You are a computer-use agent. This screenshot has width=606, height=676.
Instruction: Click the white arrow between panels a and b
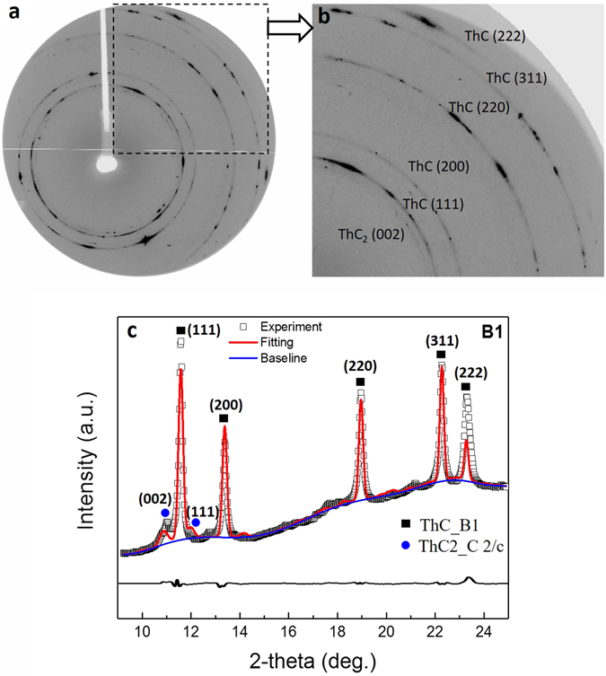coord(288,29)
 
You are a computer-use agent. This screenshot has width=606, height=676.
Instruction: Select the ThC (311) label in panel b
coord(516,78)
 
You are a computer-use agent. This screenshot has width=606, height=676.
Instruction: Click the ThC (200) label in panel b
coord(438,167)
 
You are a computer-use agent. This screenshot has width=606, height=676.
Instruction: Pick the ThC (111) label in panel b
coord(433,204)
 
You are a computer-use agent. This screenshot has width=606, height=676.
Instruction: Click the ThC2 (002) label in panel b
coord(371,235)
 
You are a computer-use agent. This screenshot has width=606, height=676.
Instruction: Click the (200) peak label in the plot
coord(224,403)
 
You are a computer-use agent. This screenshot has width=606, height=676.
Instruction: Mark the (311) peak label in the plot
coord(441,340)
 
